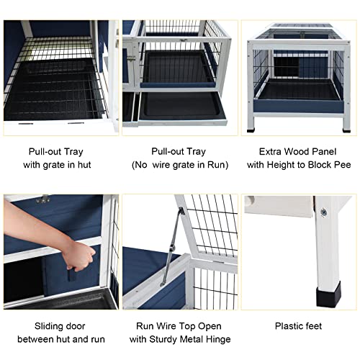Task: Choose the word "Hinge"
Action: (x=216, y=338)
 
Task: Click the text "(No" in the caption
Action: (x=140, y=165)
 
